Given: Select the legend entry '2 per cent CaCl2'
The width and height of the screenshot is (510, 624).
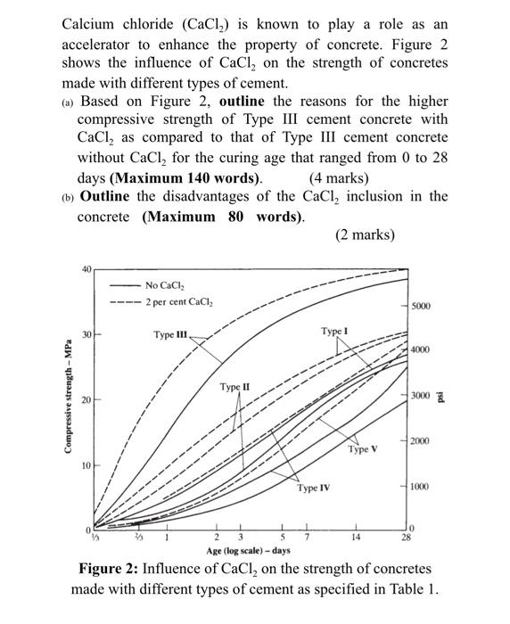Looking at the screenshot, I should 178,301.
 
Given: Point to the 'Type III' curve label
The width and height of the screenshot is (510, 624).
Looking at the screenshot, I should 169,335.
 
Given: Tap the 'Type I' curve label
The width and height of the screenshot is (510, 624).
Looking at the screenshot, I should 333,331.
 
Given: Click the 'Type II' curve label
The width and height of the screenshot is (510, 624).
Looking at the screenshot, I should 235,387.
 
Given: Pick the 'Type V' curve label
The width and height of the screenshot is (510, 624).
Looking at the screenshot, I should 362,449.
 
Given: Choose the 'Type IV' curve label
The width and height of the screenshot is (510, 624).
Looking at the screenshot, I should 314,489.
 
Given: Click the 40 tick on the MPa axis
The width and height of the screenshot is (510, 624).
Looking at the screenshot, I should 86,269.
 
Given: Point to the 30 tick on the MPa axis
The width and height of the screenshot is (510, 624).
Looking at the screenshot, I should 86,334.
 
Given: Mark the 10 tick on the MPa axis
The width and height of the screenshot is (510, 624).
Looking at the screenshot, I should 86,466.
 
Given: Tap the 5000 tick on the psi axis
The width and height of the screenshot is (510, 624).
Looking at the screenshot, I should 421,307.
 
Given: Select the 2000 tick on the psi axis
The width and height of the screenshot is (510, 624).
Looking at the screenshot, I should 421,441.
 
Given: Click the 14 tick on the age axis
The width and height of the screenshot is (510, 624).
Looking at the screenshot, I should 355,538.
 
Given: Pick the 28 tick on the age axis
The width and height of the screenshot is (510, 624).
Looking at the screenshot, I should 406,538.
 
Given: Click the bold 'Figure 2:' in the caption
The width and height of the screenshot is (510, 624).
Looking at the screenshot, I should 111,569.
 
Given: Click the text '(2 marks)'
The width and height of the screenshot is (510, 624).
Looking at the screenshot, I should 364,235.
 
